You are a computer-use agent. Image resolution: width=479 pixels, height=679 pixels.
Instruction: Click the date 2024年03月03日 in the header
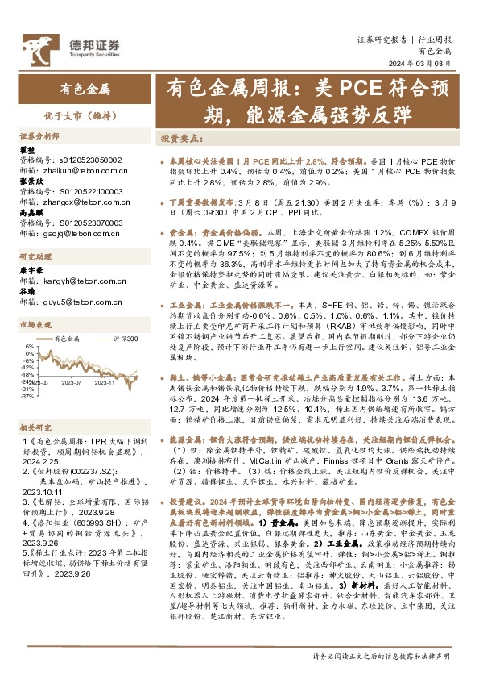424,65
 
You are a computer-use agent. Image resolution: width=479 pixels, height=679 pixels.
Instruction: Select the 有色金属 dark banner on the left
85,90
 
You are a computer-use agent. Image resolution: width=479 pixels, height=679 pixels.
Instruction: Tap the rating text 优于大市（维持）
85,115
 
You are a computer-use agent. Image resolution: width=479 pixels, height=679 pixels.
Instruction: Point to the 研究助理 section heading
35,280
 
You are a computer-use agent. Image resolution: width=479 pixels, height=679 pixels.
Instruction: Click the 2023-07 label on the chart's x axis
73,384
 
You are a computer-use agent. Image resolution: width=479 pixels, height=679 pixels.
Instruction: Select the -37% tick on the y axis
27,396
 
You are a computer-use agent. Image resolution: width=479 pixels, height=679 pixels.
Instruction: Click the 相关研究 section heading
35,427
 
